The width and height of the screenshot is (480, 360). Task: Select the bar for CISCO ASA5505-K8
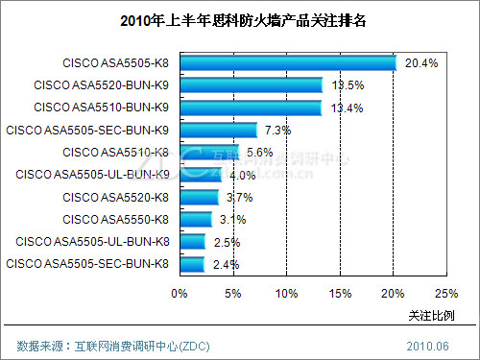point(287,63)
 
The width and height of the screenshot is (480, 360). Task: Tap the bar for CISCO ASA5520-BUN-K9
point(250,85)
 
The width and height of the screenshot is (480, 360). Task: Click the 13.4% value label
point(347,108)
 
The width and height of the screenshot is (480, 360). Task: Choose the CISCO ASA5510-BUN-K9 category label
point(101,108)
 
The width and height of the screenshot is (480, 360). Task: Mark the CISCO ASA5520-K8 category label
point(115,197)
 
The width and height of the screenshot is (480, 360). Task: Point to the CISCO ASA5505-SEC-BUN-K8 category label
point(88,263)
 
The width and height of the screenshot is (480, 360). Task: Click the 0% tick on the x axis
point(179,293)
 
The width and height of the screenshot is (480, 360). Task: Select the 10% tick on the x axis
point(286,293)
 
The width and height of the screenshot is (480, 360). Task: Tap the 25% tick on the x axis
point(446,293)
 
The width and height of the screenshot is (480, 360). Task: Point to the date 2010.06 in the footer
point(427,345)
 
